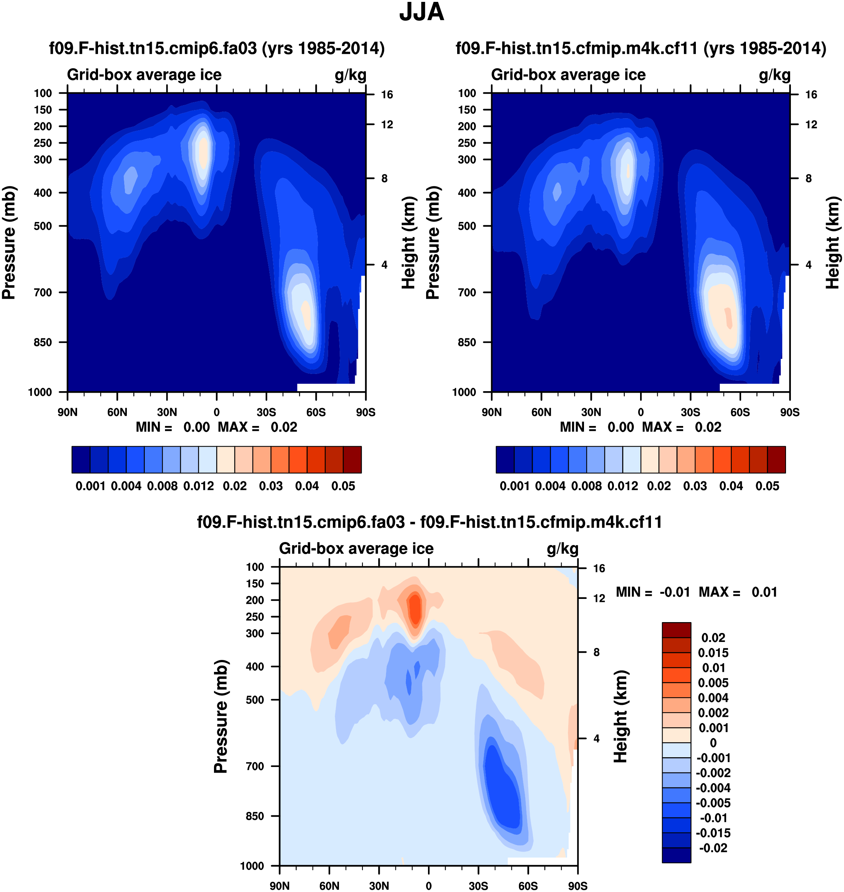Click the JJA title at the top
click(x=422, y=12)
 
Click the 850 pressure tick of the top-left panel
click(x=43, y=343)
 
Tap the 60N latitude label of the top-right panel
click(x=541, y=412)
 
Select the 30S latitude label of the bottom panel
click(x=478, y=886)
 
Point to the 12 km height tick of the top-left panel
click(x=387, y=125)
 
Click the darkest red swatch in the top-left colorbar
click(x=352, y=460)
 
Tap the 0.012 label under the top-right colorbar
click(x=623, y=486)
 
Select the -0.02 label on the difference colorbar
click(x=713, y=848)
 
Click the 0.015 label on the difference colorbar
click(x=713, y=652)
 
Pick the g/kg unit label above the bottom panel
click(x=562, y=549)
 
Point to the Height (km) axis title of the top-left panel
click(x=408, y=243)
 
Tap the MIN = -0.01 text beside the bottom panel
click(x=653, y=592)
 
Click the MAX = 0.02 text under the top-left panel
click(x=257, y=427)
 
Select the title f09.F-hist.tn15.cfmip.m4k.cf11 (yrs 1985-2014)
click(x=640, y=48)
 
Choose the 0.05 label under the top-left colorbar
click(x=343, y=486)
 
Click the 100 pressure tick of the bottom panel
click(x=255, y=567)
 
